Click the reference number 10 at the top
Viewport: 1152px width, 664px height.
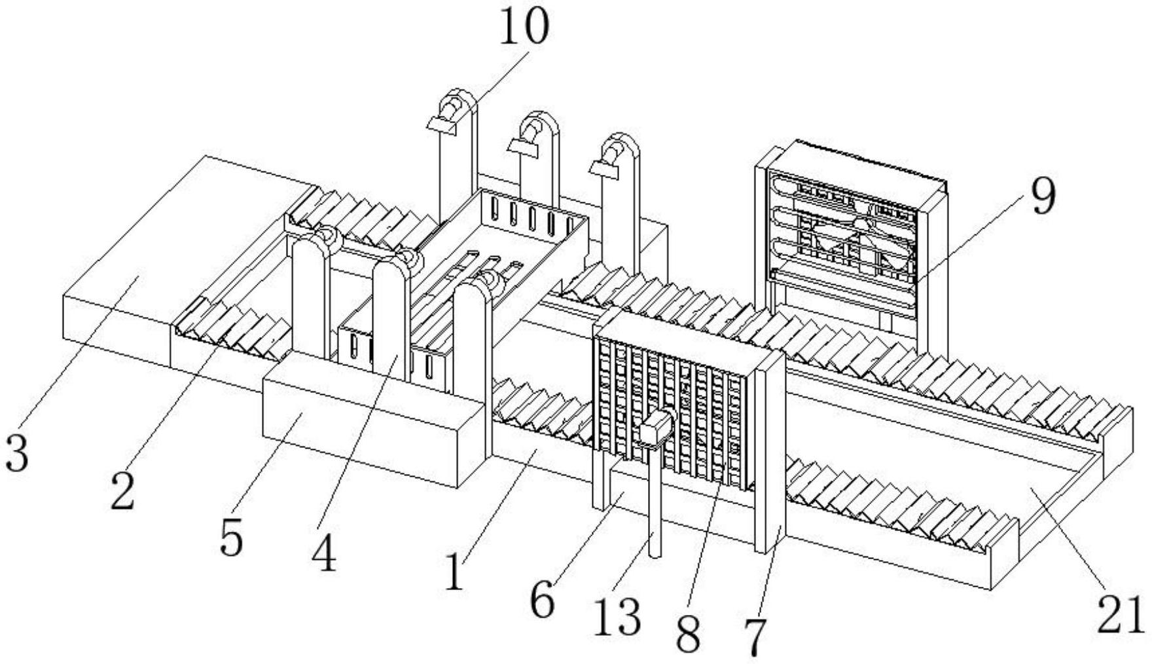coord(524,28)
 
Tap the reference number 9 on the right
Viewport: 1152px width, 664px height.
coord(1043,196)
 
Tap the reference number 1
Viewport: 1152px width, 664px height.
coord(454,571)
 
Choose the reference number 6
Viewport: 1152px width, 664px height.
coord(541,600)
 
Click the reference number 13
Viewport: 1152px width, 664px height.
coord(617,616)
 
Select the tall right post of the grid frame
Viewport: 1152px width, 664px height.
coord(770,452)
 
